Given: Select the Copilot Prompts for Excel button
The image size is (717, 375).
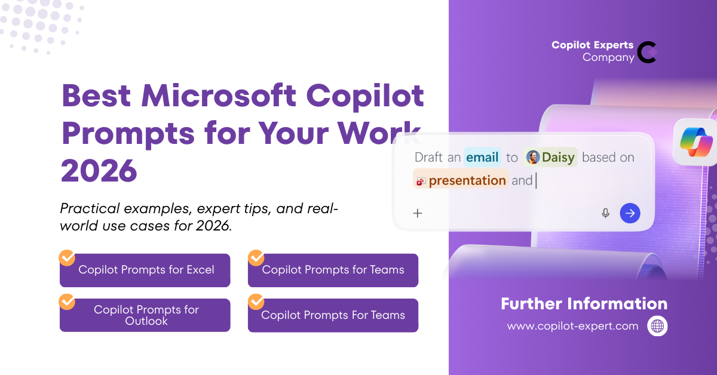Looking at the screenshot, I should [x=146, y=270].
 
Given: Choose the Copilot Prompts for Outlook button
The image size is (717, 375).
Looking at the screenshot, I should [x=146, y=315].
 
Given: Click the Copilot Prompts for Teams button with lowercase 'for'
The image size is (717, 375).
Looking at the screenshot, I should [x=333, y=270].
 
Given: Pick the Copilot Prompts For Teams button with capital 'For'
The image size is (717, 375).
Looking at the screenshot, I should [x=333, y=315].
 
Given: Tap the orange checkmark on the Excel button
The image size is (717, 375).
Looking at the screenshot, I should [x=67, y=257].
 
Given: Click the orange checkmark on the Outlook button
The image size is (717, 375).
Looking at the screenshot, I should [x=67, y=302].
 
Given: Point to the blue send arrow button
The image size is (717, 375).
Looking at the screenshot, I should [x=630, y=213].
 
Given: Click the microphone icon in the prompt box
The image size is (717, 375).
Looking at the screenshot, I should [x=605, y=213].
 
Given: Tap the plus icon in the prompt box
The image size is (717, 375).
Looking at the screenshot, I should [x=418, y=213].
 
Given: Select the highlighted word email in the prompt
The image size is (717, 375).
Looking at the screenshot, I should [x=482, y=158].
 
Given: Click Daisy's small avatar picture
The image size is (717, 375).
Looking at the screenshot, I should [x=533, y=158].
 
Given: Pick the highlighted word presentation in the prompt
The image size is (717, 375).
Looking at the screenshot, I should [x=467, y=180].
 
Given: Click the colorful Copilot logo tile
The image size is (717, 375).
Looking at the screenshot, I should [x=696, y=142].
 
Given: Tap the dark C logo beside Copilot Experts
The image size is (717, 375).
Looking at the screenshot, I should [x=647, y=52].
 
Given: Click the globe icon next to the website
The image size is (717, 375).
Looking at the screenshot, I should [x=657, y=326].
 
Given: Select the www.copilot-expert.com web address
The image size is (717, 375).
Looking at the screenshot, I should [x=572, y=326].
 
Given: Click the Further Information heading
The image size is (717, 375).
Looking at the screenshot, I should [x=584, y=303].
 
